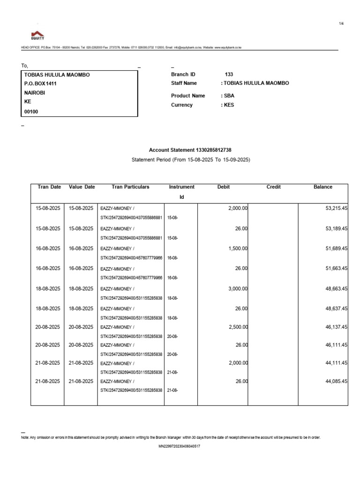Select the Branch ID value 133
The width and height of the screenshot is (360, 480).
point(229,75)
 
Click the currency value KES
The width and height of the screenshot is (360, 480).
point(228,105)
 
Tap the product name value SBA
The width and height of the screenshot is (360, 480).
point(228,96)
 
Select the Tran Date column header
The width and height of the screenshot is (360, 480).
point(49,187)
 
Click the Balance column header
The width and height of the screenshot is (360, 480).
point(322,187)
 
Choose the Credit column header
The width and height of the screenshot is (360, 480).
point(273,187)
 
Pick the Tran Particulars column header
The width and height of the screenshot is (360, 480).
point(130,187)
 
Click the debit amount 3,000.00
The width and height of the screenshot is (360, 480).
point(238,289)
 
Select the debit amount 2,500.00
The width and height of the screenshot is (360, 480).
point(238,327)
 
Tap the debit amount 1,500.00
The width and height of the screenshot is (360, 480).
point(238,248)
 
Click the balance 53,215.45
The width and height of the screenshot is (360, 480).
point(334,208)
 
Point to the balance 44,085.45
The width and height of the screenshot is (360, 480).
point(334,382)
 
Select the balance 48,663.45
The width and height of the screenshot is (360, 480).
point(334,289)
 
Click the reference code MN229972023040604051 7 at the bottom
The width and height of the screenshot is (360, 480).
point(180,447)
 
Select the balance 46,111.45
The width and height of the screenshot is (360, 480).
point(334,345)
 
